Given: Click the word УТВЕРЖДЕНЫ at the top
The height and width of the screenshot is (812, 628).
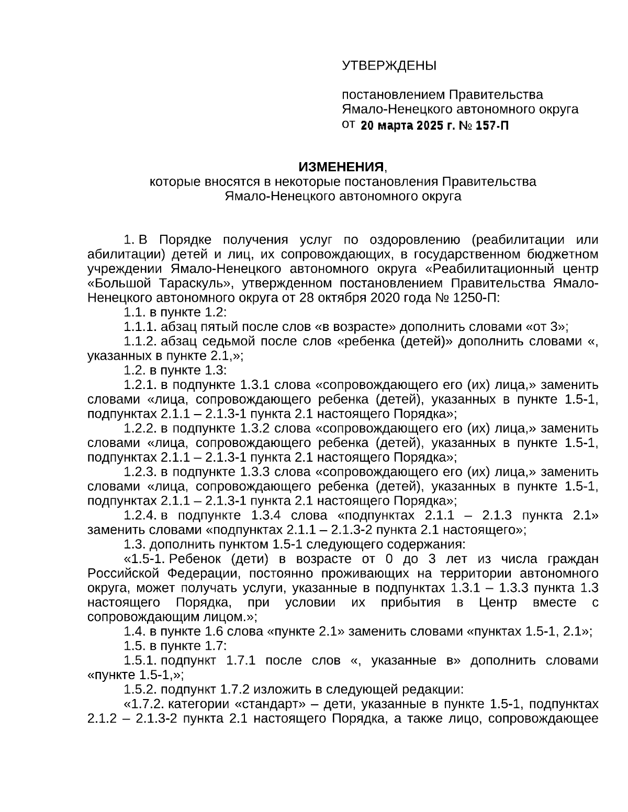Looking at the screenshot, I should (x=389, y=65).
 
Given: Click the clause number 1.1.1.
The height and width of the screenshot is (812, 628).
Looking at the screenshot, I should (x=140, y=327).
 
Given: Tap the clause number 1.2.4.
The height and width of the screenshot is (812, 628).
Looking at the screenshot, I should (x=140, y=515).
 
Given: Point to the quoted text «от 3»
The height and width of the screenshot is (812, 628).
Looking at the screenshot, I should (x=545, y=327).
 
